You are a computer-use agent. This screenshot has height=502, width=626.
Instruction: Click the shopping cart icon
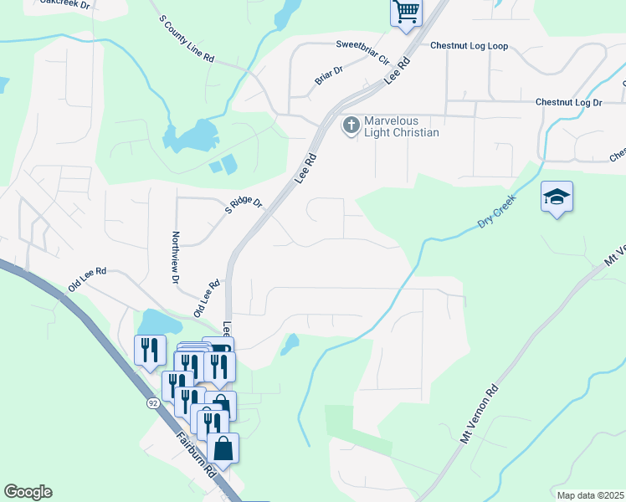click(x=406, y=13)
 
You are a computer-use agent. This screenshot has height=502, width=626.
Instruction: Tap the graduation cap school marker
click(x=557, y=197)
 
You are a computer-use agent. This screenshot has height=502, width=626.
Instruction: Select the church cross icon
click(x=351, y=126)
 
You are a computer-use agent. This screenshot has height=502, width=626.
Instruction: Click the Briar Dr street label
click(x=329, y=76)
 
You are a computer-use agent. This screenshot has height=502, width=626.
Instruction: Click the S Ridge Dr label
click(x=244, y=204)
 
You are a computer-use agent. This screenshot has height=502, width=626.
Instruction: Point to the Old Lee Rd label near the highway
click(x=88, y=272)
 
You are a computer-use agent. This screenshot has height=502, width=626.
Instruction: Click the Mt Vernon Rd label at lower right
click(x=480, y=413)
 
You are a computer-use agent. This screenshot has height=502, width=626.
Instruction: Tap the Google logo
click(x=28, y=492)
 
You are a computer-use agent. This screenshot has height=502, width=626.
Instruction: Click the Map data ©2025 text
click(x=590, y=495)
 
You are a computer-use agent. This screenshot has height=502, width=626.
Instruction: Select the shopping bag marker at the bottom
click(x=224, y=448)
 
